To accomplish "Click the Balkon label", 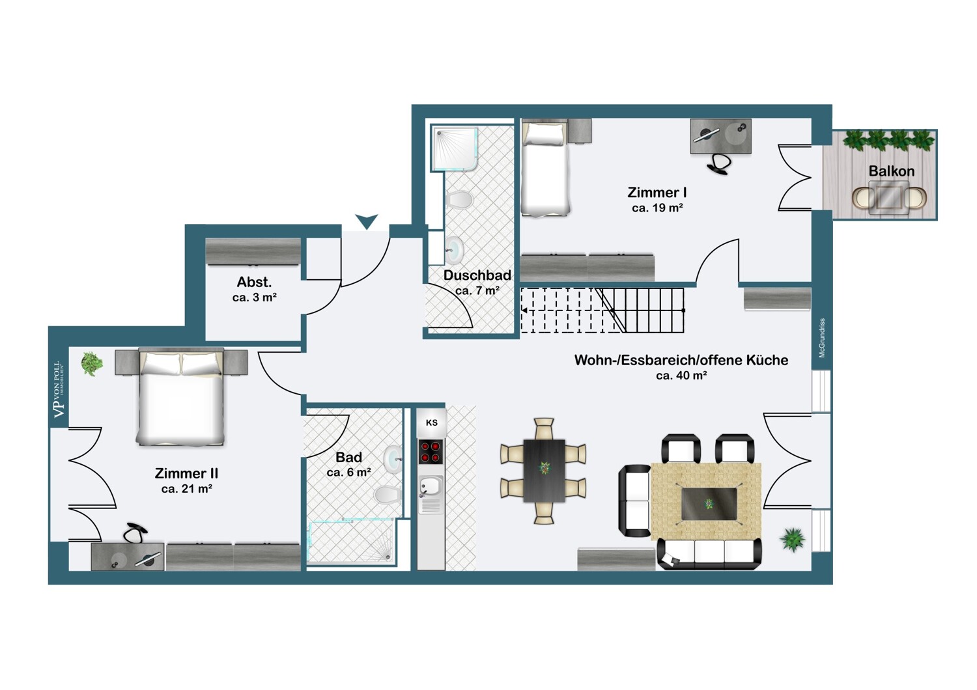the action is tap(891, 171).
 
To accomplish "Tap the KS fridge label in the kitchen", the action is tap(431, 422).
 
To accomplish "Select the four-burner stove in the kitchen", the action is tap(431, 452).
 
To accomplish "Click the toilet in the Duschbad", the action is tap(460, 200).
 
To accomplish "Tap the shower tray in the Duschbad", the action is tap(454, 148).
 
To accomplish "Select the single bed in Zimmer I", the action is tap(546, 169).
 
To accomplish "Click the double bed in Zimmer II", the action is tap(180, 397).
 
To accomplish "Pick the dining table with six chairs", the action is tap(543, 471).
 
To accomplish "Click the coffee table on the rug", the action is tap(709, 504).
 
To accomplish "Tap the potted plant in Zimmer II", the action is tap(92, 363).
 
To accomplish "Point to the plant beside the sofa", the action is tap(793, 539).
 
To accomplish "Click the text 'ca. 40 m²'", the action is tap(681, 376).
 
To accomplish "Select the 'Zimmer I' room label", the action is tap(657, 192).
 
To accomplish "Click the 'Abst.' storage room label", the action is tap(254, 282).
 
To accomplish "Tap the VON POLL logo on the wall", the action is tap(59, 390).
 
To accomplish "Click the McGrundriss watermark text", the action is tap(822, 338).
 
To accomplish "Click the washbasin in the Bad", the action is tap(393, 460).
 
